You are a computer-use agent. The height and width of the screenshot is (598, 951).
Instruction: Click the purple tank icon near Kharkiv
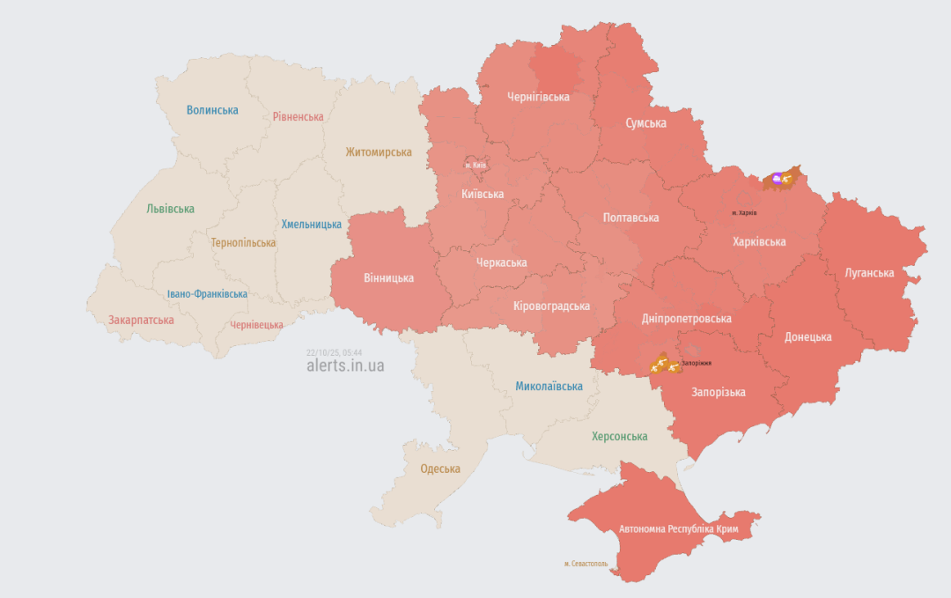pyautogui.click(x=777, y=179)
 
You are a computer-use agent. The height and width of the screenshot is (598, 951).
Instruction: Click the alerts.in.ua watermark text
pyautogui.click(x=345, y=365)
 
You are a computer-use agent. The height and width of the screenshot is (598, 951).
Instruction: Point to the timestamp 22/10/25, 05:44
pyautogui.click(x=335, y=351)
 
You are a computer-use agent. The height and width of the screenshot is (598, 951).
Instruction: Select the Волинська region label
pyautogui.click(x=212, y=110)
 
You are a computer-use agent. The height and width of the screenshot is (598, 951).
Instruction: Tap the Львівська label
pyautogui.click(x=170, y=209)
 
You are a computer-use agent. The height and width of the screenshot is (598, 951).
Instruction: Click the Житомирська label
pyautogui.click(x=379, y=151)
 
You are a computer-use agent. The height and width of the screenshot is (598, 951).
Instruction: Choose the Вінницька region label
pyautogui.click(x=388, y=277)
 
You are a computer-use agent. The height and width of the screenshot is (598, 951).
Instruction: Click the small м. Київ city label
pyautogui.click(x=475, y=165)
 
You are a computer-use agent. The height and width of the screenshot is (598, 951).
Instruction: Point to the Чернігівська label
pyautogui.click(x=538, y=97)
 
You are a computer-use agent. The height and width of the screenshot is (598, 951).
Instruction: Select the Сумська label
pyautogui.click(x=645, y=123)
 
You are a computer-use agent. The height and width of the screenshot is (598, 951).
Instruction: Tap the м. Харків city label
pyautogui.click(x=744, y=213)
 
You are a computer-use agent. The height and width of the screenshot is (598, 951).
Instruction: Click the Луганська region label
pyautogui.click(x=868, y=273)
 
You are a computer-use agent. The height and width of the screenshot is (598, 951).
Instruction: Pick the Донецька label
pyautogui.click(x=807, y=336)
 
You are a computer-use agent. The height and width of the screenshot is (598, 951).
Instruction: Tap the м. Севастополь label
pyautogui.click(x=586, y=564)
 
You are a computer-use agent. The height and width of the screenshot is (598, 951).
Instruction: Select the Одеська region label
pyautogui.click(x=440, y=469)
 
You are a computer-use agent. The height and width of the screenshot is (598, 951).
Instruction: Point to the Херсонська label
pyautogui.click(x=619, y=436)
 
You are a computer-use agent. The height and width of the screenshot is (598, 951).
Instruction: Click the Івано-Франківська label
pyautogui.click(x=207, y=294)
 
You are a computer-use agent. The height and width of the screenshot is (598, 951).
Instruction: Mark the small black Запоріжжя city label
pyautogui.click(x=696, y=363)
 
